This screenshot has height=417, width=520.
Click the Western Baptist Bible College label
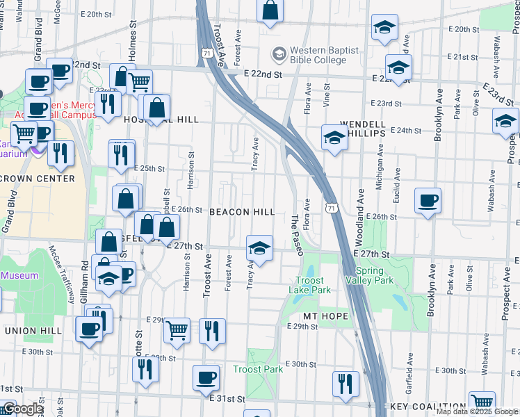click(x=324, y=56)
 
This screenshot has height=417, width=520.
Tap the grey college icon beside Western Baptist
click(x=279, y=53)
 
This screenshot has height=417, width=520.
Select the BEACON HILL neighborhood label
click(x=242, y=211)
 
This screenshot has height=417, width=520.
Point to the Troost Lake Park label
click(x=310, y=285)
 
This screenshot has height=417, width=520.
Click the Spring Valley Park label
click(x=374, y=275)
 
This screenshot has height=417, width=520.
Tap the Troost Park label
click(x=258, y=369)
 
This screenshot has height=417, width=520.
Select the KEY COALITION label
click(x=428, y=407)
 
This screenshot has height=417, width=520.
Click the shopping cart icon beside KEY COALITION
click(x=482, y=402)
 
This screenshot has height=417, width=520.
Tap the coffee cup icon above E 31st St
click(x=206, y=377)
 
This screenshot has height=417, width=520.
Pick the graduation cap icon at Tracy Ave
click(x=259, y=248)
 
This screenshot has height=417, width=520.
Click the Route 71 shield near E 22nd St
click(x=206, y=53)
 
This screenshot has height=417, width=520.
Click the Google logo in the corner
click(x=23, y=409)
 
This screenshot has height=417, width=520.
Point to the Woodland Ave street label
click(x=361, y=218)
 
